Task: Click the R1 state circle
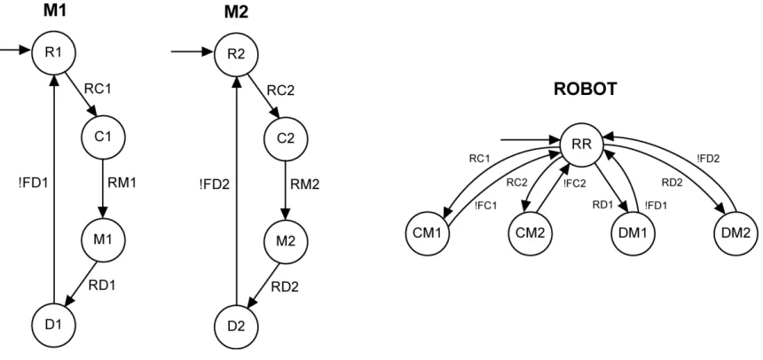click(x=53, y=53)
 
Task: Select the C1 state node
click(x=103, y=137)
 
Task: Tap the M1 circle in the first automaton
click(x=103, y=239)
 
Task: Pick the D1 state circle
click(x=53, y=324)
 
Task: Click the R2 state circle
click(x=236, y=53)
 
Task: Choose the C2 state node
click(x=285, y=137)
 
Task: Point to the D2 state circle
click(x=236, y=324)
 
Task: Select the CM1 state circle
click(x=427, y=233)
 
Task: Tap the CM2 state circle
click(x=531, y=233)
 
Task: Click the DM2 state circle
click(x=736, y=233)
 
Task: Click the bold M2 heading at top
click(x=236, y=12)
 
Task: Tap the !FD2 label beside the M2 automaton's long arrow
click(x=215, y=184)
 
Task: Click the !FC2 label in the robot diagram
click(x=574, y=184)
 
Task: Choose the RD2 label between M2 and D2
click(x=285, y=287)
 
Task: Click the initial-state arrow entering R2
click(x=193, y=51)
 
